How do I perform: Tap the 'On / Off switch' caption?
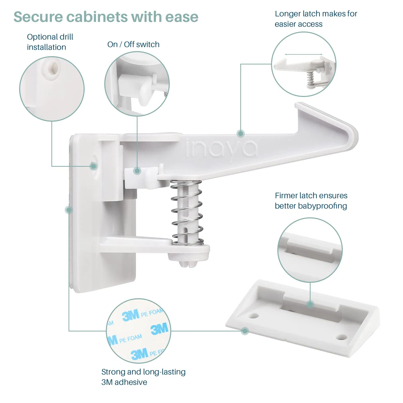click(x=133, y=44)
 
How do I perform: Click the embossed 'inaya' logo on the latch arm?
click(x=222, y=149)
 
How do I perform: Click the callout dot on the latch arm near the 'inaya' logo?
click(x=241, y=133)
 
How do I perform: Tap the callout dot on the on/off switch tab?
click(x=137, y=171)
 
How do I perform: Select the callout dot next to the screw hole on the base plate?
click(x=93, y=166)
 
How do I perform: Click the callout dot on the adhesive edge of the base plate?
click(x=69, y=210)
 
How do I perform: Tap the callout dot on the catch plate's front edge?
click(x=245, y=331)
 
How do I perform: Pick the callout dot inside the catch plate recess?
click(x=310, y=304)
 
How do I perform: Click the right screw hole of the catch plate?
click(x=342, y=337)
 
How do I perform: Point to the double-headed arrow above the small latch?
click(x=304, y=54)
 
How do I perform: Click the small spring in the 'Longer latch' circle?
click(x=310, y=79)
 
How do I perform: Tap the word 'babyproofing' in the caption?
click(x=322, y=206)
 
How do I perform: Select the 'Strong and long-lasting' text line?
click(x=143, y=372)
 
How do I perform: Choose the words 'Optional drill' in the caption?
click(x=50, y=37)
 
